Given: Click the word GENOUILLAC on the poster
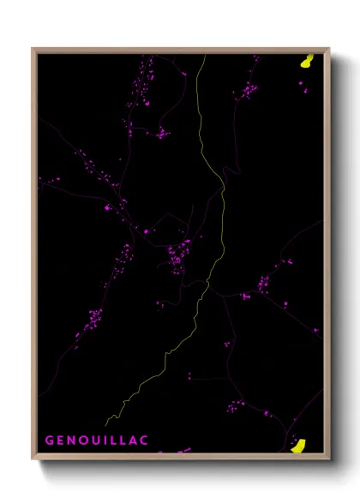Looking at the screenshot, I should click(96, 441).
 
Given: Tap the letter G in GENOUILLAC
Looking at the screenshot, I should click(50, 441).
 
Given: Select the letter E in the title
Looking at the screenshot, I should click(61, 441).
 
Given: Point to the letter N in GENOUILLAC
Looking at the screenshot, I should click(72, 441).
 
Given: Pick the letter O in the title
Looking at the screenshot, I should click(84, 441).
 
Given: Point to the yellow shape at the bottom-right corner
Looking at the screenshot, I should click(298, 445).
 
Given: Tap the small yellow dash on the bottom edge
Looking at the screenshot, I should click(183, 450).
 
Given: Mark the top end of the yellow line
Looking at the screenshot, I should click(204, 56).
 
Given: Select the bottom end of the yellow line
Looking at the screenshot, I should click(106, 424).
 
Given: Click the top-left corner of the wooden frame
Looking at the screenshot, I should click(33, 49).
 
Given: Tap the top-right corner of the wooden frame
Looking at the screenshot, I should click(329, 49).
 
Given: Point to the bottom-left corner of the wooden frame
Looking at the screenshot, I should click(33, 458).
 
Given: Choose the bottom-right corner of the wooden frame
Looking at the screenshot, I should click(329, 458).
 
